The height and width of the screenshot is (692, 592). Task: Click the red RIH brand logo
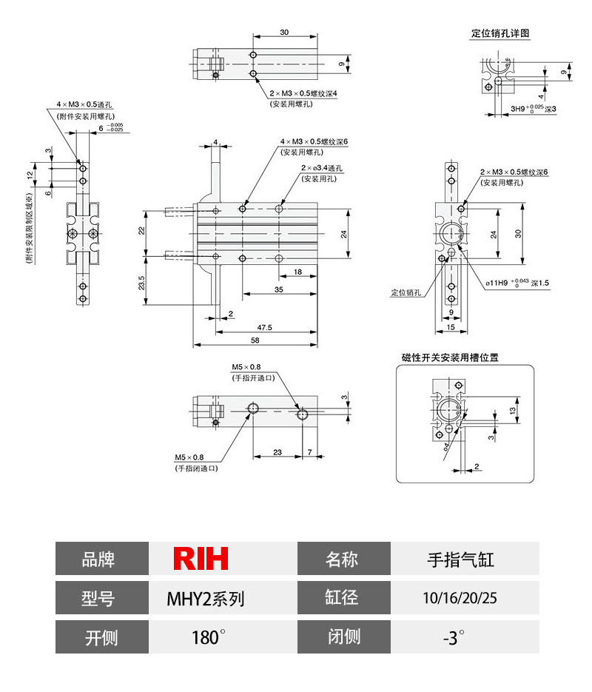click(201, 559)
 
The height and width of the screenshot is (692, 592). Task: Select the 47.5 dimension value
click(264, 326)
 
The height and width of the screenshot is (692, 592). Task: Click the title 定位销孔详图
click(500, 33)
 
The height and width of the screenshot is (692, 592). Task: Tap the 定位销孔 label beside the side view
click(406, 292)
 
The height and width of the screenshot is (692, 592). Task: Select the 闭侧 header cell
click(343, 636)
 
